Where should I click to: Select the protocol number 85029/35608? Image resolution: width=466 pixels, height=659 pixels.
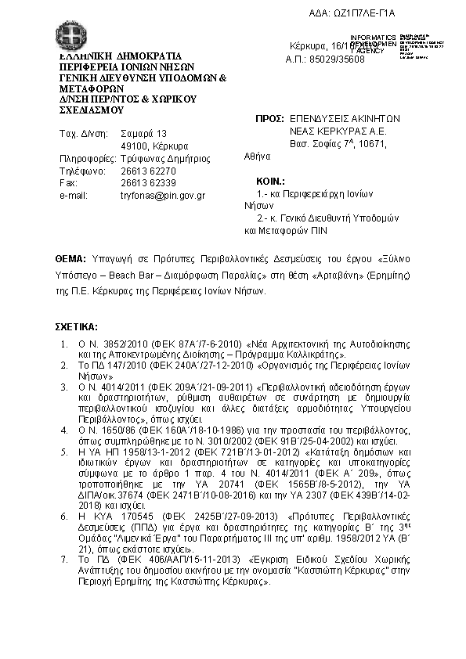(x=326, y=59)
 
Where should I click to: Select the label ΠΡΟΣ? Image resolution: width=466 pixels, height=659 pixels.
(x=269, y=118)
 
